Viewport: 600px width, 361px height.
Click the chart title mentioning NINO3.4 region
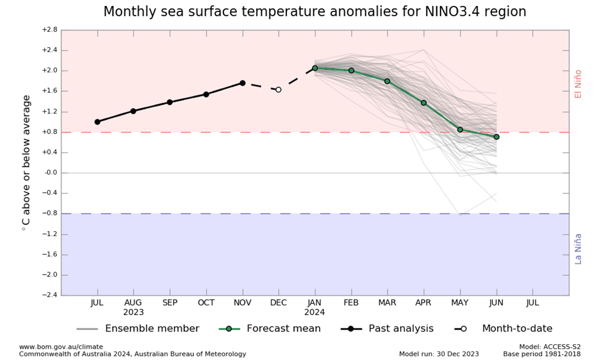(315, 11)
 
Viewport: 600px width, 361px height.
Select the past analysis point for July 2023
(97, 121)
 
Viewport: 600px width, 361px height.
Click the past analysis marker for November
(242, 83)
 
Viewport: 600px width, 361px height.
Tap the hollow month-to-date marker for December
(279, 89)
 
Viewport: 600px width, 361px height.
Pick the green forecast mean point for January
(315, 68)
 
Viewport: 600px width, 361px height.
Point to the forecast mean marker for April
(424, 103)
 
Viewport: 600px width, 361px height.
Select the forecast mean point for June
(496, 136)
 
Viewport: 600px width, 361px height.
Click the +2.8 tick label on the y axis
(50, 30)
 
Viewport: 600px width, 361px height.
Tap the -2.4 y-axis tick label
(50, 295)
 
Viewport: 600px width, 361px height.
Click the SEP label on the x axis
(170, 302)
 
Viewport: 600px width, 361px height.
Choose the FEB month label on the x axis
(351, 302)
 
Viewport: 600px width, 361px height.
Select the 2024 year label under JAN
(315, 312)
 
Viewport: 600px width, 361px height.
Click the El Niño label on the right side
(578, 84)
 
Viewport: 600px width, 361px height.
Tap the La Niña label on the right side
(578, 248)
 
